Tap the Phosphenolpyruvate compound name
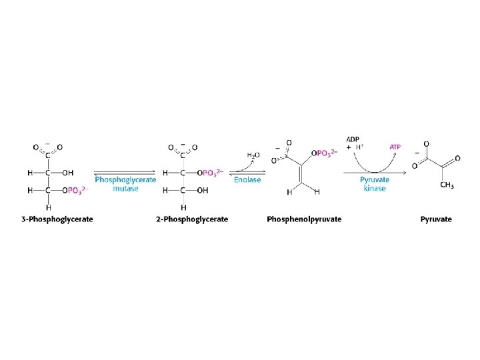click(304, 219)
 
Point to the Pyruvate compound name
click(436, 219)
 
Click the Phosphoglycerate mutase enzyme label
click(125, 183)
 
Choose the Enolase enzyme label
click(247, 179)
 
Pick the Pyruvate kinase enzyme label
click(375, 183)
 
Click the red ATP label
click(395, 146)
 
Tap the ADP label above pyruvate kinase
click(353, 139)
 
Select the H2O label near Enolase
click(253, 155)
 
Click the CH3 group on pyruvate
click(448, 185)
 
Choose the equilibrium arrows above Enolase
click(247, 171)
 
